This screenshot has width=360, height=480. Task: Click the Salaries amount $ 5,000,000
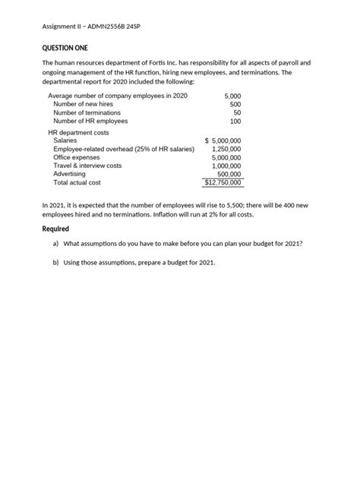pos(223,141)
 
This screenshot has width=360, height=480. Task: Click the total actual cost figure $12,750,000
pos(223,182)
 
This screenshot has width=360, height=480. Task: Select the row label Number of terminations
pos(87,112)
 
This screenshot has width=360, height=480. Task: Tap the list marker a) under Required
pos(55,244)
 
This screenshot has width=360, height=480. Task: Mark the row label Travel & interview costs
pos(87,166)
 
